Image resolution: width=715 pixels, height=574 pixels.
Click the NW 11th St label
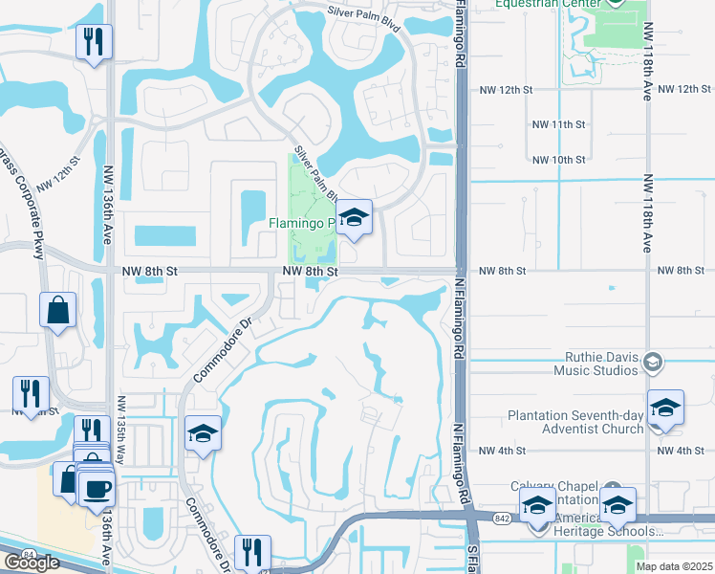[558, 124]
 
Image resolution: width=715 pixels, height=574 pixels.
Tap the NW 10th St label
[558, 160]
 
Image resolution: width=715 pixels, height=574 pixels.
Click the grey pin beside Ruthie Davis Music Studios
[652, 362]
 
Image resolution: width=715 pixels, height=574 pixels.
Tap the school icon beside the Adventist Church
[665, 408]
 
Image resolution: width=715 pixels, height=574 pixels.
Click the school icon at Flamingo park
[354, 218]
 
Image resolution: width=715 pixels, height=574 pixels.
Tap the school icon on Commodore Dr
[203, 434]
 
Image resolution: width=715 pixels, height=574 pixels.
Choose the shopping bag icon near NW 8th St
[58, 310]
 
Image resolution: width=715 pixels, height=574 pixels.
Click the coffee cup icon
[97, 490]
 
